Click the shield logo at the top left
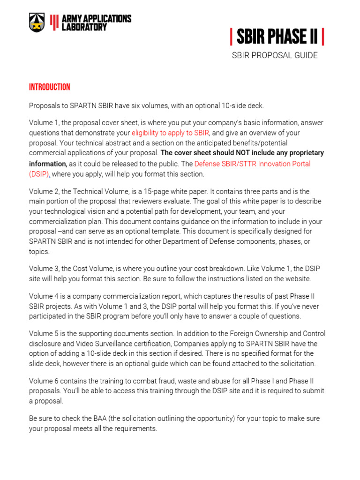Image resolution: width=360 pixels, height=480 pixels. tap(37, 22)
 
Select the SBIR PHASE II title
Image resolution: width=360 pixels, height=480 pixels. tap(277, 36)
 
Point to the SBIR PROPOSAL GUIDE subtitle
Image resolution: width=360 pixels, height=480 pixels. tap(275, 55)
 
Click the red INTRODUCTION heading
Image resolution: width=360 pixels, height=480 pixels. tap(49, 87)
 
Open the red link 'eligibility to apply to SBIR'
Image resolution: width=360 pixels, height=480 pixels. tap(170, 133)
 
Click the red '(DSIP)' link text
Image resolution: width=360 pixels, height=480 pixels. tap(39, 174)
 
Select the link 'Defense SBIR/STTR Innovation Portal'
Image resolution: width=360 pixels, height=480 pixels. tap(252, 164)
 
